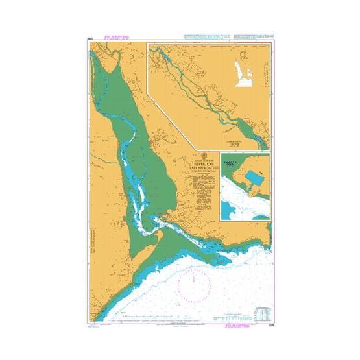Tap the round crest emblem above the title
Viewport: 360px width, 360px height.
[204, 156]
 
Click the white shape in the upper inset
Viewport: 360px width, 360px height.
[243, 68]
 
